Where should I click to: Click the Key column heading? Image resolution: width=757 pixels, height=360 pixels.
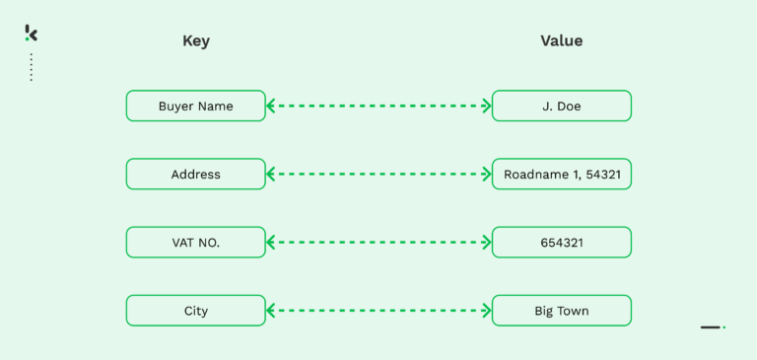click(196, 41)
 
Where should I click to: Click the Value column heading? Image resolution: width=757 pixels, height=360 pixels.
click(561, 41)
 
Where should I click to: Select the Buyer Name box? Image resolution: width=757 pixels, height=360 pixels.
click(195, 106)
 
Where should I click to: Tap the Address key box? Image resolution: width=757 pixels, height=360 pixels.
click(195, 175)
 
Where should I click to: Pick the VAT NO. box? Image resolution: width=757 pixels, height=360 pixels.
click(195, 243)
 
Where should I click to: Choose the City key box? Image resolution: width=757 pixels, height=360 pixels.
click(195, 311)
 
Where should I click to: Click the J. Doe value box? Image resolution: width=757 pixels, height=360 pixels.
click(561, 106)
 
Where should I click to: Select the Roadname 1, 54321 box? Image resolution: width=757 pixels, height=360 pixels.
click(561, 175)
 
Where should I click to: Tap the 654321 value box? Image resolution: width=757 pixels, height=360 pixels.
click(561, 243)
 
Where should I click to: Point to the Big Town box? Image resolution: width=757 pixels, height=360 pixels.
click(561, 311)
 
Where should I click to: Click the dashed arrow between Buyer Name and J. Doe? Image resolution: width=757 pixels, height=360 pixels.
click(378, 106)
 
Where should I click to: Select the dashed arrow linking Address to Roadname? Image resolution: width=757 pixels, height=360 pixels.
click(378, 175)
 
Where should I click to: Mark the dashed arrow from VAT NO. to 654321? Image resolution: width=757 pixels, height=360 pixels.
click(378, 243)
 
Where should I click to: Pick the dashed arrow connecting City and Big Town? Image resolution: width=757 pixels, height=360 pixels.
click(378, 311)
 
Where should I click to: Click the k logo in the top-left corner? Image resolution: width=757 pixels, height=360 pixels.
click(31, 34)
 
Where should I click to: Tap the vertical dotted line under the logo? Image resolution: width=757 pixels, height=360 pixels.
click(31, 67)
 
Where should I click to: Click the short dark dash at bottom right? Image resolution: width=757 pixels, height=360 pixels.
click(711, 326)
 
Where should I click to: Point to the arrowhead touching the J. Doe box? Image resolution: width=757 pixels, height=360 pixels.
click(486, 106)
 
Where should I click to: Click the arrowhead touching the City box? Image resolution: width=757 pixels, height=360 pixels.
click(271, 311)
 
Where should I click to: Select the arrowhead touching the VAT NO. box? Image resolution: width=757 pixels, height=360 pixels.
click(271, 243)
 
